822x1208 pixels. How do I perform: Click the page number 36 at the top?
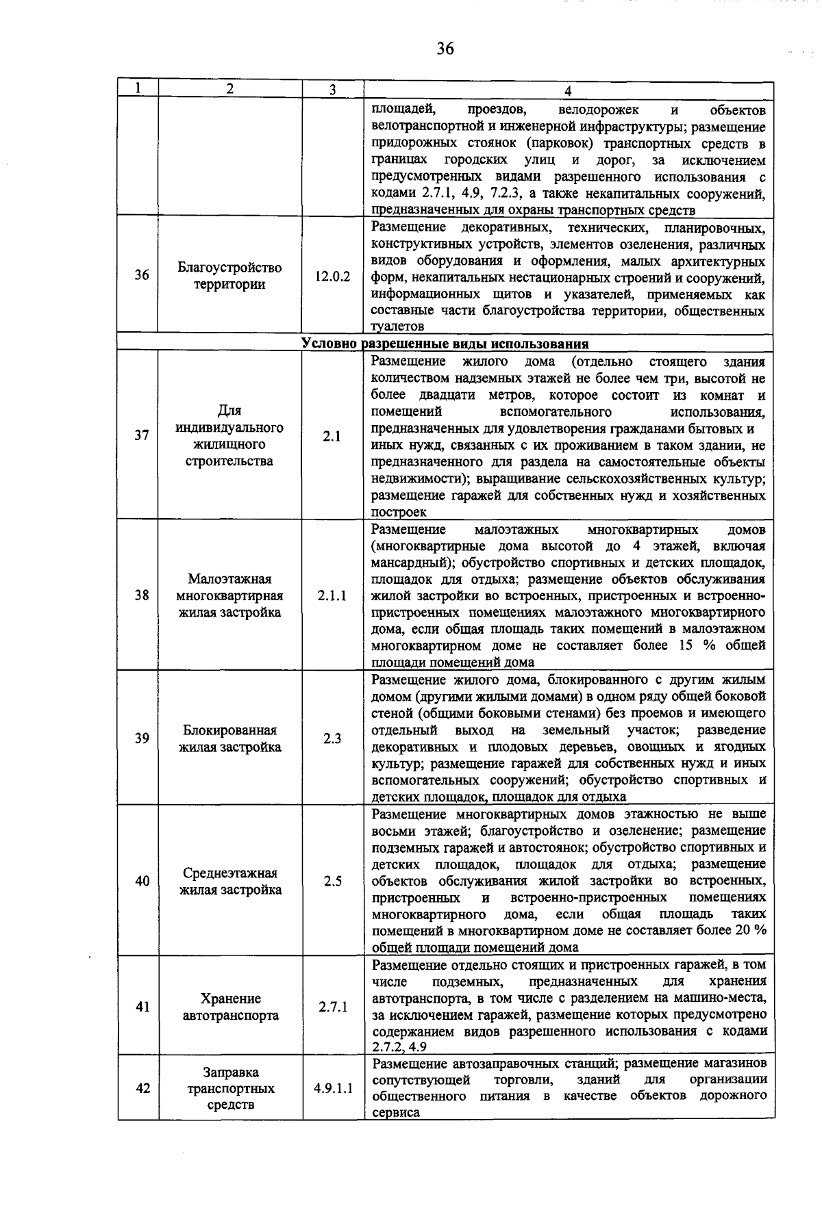point(445,49)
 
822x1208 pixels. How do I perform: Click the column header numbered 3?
point(332,90)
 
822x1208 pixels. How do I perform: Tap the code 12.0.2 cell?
point(332,277)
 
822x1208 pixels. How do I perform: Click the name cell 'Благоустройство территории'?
point(229,276)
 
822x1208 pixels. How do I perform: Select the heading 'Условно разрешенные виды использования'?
point(445,344)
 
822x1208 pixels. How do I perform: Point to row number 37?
point(141,435)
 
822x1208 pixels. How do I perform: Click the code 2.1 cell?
point(332,436)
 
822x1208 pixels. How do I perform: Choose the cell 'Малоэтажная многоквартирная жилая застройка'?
point(229,595)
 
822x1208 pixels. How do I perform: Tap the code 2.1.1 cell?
point(332,595)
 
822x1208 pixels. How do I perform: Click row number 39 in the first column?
point(141,738)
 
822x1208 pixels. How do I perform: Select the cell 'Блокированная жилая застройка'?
point(229,738)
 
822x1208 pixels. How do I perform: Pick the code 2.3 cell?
point(332,738)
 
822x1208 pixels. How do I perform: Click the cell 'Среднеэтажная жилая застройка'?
point(229,882)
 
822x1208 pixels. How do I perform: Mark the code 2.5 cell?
point(332,882)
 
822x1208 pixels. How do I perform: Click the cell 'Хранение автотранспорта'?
point(230,1007)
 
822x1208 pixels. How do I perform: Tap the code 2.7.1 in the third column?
point(333,1007)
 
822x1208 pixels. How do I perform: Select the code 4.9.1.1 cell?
point(334,1088)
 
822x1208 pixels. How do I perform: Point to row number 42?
point(142,1088)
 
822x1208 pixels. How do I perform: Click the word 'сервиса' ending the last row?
point(395,1113)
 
